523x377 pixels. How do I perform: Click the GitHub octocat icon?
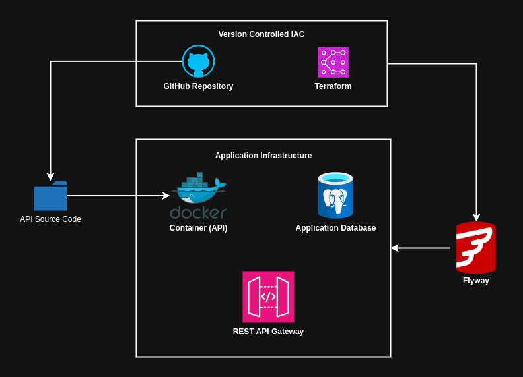coord(198,61)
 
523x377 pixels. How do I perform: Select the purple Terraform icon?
coord(333,62)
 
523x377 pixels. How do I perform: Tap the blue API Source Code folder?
coord(50,196)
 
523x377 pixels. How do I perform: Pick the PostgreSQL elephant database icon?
coord(335,196)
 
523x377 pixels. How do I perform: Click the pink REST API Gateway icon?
coord(268,297)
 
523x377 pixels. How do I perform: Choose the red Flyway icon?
coord(475,248)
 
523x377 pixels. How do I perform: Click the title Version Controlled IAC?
coord(261,34)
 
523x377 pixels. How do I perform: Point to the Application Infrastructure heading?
coord(263,156)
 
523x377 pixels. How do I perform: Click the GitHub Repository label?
coord(198,86)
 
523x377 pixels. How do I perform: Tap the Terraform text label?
coord(333,86)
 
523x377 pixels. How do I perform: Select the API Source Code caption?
coord(50,219)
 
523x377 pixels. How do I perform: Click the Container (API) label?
coord(198,228)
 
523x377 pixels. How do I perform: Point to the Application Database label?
coord(335,228)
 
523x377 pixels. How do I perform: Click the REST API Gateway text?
coord(268,332)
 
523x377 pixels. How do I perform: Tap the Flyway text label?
coord(475,281)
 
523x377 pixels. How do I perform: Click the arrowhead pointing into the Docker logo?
coord(166,196)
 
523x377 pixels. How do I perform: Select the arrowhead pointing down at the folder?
coord(50,177)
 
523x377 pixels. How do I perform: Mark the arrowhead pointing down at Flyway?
coord(475,217)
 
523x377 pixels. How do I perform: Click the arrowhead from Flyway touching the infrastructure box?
coord(395,248)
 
